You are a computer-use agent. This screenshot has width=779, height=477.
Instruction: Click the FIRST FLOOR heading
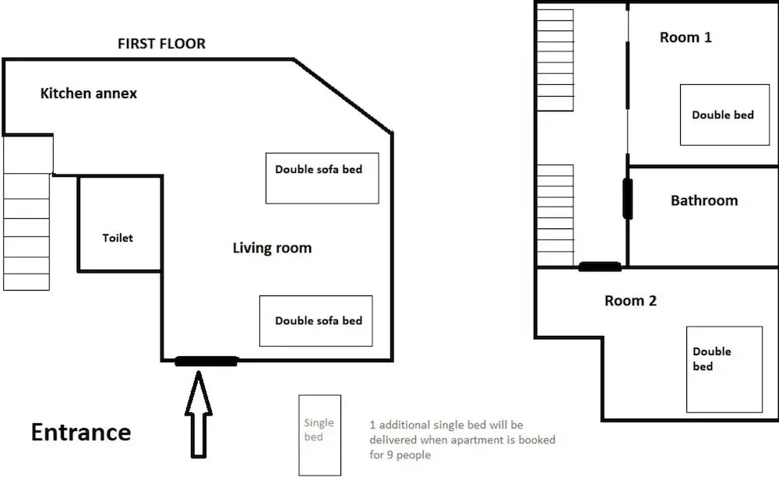click(x=161, y=44)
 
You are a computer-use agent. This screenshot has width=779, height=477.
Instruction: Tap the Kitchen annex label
click(x=88, y=94)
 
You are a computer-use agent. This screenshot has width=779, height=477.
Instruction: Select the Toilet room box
click(x=119, y=224)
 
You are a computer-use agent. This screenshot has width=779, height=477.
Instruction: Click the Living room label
click(x=272, y=249)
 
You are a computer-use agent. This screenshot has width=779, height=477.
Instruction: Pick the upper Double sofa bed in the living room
click(x=322, y=178)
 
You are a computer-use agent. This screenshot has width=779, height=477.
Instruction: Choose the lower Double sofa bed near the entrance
click(x=315, y=321)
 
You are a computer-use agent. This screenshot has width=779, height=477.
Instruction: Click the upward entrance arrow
click(x=199, y=413)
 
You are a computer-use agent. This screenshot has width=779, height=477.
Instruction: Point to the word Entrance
click(x=81, y=433)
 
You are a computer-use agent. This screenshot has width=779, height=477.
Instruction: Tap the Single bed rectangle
click(x=319, y=434)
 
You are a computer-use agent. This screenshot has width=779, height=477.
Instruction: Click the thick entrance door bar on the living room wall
click(x=206, y=361)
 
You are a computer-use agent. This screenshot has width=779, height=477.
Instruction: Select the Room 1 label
click(x=686, y=37)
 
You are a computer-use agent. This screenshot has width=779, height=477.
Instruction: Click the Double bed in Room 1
click(x=724, y=115)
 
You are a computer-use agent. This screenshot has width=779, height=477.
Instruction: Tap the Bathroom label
click(x=704, y=201)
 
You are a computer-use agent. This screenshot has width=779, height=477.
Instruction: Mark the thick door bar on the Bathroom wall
click(x=627, y=199)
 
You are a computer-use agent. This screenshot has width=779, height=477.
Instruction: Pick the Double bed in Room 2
click(x=724, y=369)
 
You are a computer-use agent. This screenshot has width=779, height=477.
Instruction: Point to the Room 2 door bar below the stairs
click(x=600, y=267)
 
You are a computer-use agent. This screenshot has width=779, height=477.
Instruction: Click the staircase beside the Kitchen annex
click(x=27, y=213)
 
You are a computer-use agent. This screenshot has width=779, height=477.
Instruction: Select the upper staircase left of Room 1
click(x=555, y=59)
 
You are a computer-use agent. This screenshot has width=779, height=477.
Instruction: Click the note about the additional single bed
click(x=463, y=440)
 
